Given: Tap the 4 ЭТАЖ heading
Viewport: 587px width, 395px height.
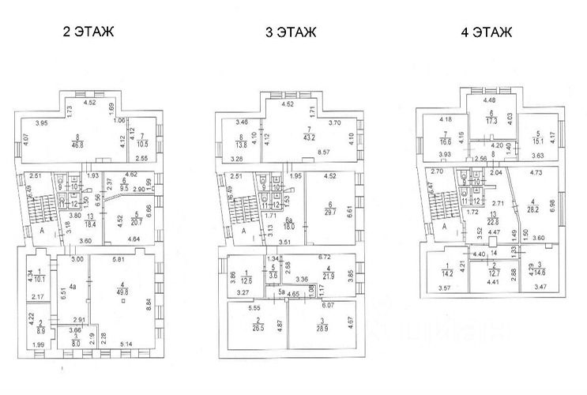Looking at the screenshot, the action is pyautogui.click(x=486, y=32).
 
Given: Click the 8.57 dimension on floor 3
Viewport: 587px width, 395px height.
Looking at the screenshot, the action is pyautogui.click(x=322, y=152).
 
